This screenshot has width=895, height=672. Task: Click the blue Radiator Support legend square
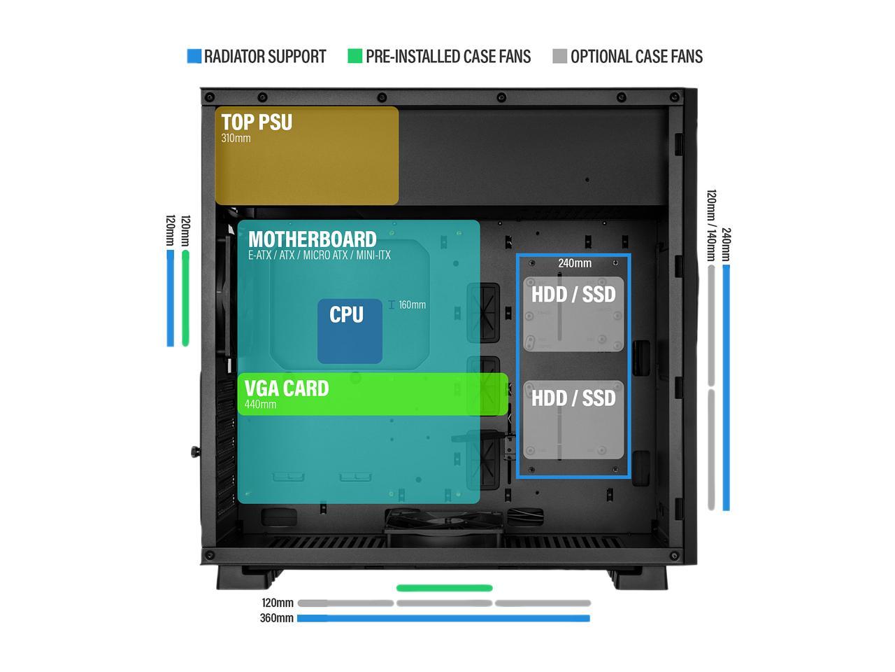pyautogui.click(x=194, y=57)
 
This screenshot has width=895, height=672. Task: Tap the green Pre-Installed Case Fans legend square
pyautogui.click(x=355, y=57)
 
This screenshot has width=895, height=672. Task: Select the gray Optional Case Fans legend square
pyautogui.click(x=559, y=57)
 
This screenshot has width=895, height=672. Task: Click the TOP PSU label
pyautogui.click(x=257, y=122)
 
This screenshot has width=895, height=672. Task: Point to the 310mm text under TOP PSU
pyautogui.click(x=236, y=139)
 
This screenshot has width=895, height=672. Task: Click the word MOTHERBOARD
pyautogui.click(x=312, y=239)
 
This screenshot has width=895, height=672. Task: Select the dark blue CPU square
pyautogui.click(x=350, y=331)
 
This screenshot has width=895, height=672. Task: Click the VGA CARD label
pyautogui.click(x=287, y=388)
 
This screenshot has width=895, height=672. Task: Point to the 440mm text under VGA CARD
pyautogui.click(x=260, y=405)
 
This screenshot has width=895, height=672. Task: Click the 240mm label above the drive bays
pyautogui.click(x=574, y=263)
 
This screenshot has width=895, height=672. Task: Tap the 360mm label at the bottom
pyautogui.click(x=276, y=618)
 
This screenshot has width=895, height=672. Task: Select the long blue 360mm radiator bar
pyautogui.click(x=443, y=618)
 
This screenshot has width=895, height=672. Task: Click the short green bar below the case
pyautogui.click(x=444, y=588)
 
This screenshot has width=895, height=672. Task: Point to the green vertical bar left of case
pyautogui.click(x=185, y=297)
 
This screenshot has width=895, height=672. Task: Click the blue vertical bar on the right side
pyautogui.click(x=726, y=387)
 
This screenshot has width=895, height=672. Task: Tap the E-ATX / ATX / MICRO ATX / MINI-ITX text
pyautogui.click(x=319, y=255)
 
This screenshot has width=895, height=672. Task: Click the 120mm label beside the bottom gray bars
pyautogui.click(x=278, y=603)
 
